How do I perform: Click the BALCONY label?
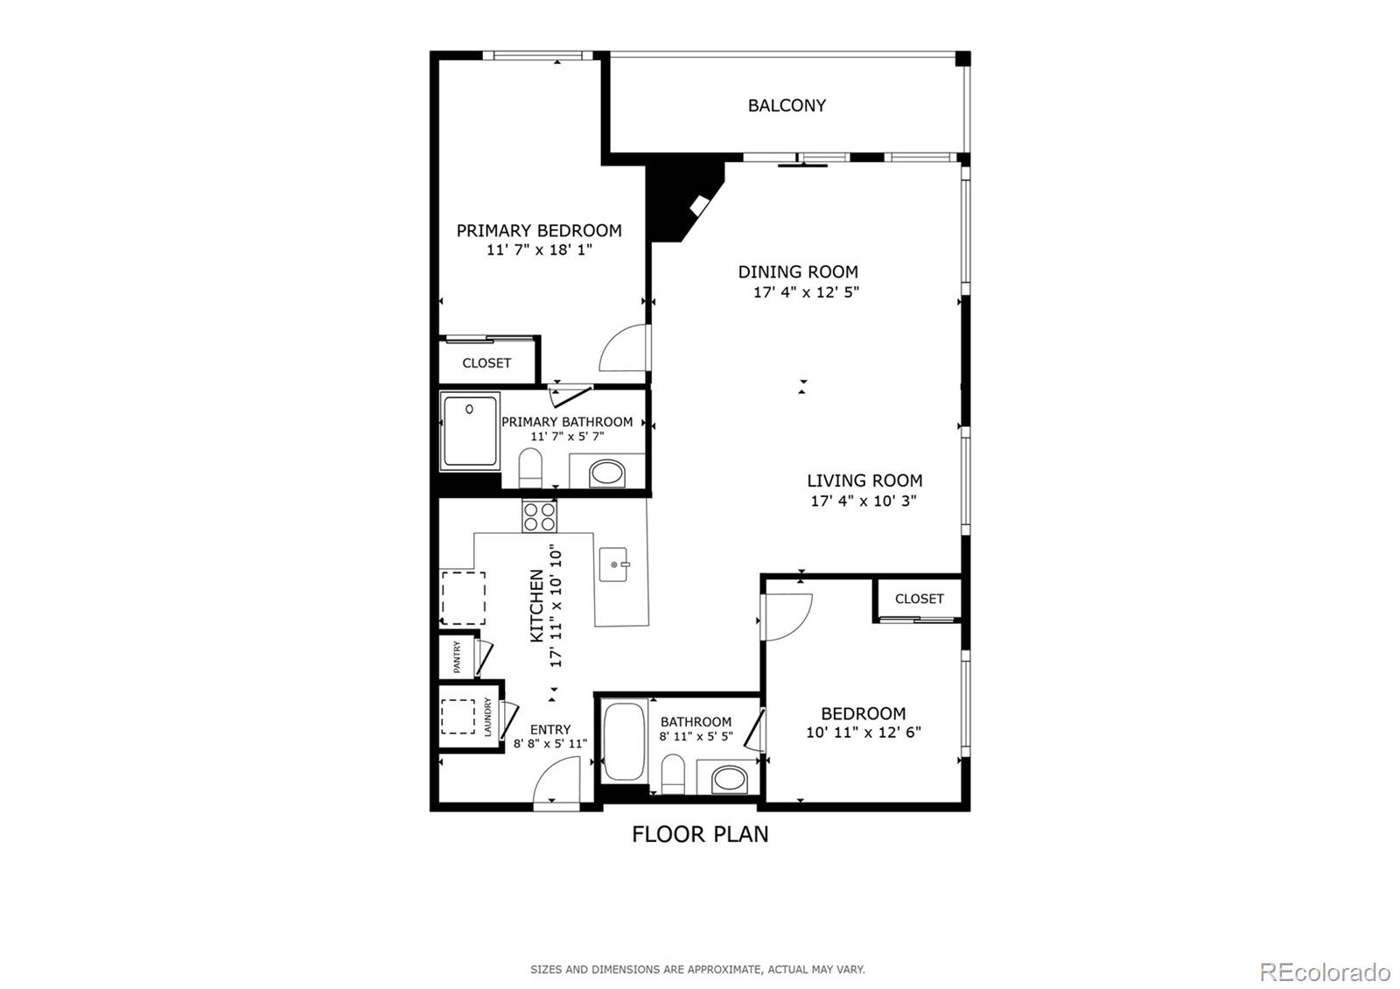point(786,106)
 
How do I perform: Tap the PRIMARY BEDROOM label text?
point(539,231)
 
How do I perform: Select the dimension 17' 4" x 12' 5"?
point(806,292)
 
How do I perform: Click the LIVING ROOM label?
point(864,480)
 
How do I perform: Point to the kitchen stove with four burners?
point(539,516)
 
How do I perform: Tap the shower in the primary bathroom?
point(470,431)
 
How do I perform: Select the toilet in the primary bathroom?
point(531,467)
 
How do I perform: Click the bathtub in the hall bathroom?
point(623,741)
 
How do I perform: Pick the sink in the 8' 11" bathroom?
point(728,777)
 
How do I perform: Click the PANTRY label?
point(457,657)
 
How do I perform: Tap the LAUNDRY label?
point(488,717)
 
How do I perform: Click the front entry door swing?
point(557,782)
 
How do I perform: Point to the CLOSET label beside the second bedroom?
point(919,599)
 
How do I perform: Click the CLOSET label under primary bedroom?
point(486,363)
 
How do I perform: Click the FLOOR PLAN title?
point(700,834)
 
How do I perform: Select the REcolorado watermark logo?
point(1324,972)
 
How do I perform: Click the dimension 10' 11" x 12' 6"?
point(863,733)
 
